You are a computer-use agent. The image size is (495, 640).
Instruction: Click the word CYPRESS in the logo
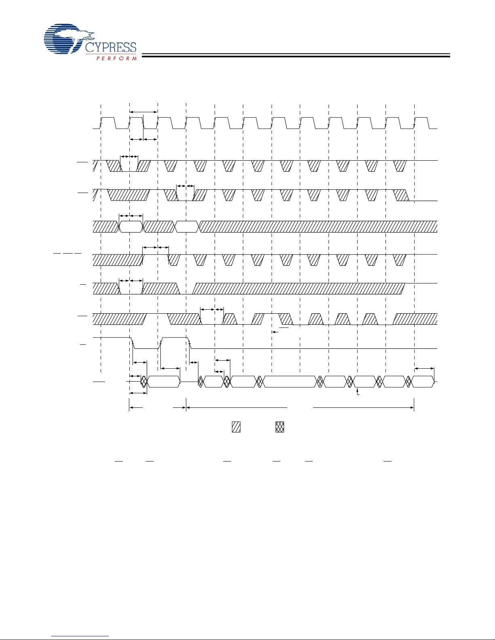(x=111, y=47)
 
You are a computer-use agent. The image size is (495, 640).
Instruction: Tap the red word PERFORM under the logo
(x=116, y=58)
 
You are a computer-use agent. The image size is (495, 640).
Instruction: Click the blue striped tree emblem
(x=68, y=39)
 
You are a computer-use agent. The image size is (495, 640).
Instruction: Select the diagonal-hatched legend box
(x=236, y=427)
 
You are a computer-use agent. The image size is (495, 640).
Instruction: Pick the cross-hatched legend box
(x=280, y=427)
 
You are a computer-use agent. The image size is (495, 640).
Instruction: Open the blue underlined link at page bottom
(x=80, y=636)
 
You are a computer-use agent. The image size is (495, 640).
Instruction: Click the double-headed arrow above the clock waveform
(x=143, y=112)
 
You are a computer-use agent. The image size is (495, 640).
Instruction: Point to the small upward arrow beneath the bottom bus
(x=357, y=391)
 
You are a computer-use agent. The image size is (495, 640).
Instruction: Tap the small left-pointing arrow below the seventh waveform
(x=275, y=332)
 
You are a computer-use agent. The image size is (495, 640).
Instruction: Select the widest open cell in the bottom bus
(x=289, y=382)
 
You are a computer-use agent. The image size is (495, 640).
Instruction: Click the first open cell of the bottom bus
(x=164, y=382)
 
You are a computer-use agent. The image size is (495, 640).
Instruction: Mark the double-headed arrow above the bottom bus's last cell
(x=424, y=368)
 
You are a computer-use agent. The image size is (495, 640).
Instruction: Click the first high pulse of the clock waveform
(x=108, y=123)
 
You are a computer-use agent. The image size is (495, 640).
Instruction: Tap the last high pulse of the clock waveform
(x=421, y=123)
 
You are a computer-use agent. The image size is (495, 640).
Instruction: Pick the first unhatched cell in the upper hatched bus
(x=131, y=227)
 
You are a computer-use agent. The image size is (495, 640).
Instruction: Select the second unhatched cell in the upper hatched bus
(x=187, y=227)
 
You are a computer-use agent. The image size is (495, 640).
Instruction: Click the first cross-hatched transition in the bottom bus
(x=144, y=382)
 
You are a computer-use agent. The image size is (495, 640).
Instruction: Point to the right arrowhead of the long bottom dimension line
(x=412, y=407)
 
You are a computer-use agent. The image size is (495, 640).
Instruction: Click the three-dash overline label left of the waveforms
(x=67, y=253)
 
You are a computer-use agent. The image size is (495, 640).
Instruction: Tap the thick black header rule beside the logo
(x=296, y=55)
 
